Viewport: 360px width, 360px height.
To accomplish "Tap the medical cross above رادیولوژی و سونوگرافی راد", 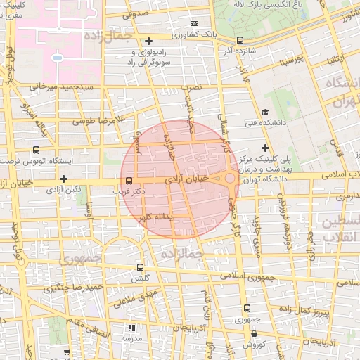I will (149, 41).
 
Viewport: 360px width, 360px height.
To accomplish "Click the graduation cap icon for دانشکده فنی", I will (265, 112).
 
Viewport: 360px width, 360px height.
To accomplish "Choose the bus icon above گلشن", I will (140, 267).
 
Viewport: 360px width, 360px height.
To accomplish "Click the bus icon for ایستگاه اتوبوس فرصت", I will (37, 150).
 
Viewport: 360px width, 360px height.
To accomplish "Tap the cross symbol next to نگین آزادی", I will (63, 179).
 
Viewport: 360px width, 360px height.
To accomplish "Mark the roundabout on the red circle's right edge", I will (230, 179).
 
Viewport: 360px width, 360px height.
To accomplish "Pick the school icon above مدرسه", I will (130, 328).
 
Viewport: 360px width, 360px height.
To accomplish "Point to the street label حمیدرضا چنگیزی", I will (75, 287).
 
